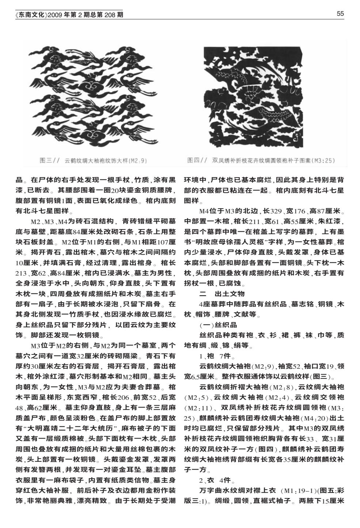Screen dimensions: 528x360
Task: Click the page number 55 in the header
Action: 340,14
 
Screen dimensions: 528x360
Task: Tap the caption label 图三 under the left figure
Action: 46,160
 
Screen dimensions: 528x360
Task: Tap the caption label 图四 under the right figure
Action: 193,160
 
